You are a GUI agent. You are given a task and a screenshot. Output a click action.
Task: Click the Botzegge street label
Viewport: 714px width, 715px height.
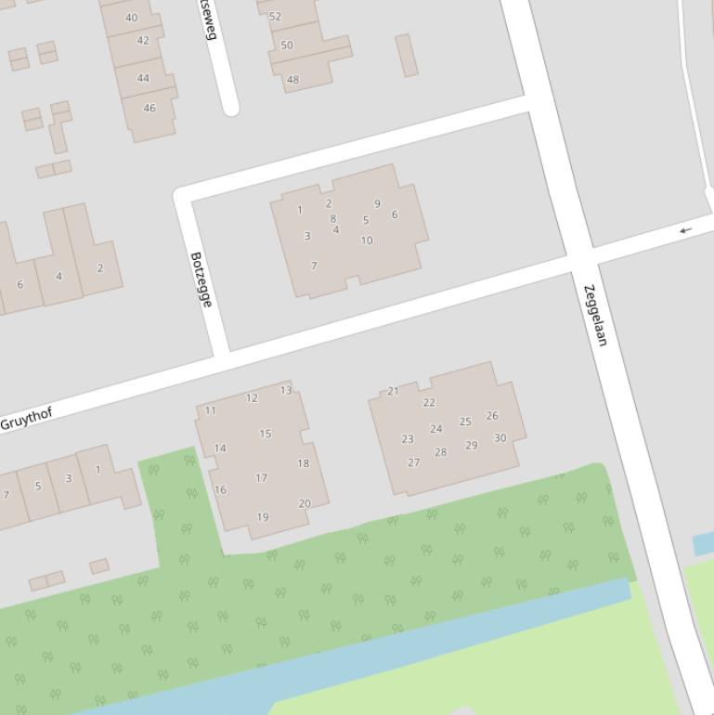coord(201,279)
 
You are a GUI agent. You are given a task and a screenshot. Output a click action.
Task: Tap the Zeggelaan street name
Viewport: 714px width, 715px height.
coord(595,316)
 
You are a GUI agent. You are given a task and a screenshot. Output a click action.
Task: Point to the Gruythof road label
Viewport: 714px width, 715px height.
coord(26,419)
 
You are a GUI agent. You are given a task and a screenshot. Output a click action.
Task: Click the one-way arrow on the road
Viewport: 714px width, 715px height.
coord(685,230)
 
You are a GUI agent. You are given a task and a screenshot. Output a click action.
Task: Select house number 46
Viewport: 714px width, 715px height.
coord(149,108)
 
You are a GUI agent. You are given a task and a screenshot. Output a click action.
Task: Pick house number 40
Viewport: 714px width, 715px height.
coord(131,18)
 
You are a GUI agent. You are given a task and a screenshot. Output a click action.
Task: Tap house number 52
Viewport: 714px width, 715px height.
coord(275,17)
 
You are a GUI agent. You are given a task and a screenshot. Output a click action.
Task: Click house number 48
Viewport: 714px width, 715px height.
coord(292,80)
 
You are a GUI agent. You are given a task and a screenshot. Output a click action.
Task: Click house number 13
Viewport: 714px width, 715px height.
coord(286,391)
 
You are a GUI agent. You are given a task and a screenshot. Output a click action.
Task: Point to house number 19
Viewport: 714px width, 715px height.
coord(263,517)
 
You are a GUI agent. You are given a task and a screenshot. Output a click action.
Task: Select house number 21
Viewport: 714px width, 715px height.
coord(393,391)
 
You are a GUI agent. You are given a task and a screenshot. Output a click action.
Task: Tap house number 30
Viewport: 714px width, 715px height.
coord(500,438)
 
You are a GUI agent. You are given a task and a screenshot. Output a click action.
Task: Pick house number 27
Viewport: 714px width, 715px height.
coord(413,462)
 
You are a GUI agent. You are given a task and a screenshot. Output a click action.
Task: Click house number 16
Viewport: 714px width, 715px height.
coord(220,490)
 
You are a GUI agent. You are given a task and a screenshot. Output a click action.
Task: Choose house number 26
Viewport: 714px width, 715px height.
coord(492,416)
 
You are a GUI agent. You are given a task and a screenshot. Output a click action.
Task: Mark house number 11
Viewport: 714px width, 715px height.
coord(211,410)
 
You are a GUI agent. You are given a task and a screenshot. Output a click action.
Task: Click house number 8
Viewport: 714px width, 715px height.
coord(333,219)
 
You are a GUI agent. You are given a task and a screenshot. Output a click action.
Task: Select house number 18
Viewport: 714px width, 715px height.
coord(303,463)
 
